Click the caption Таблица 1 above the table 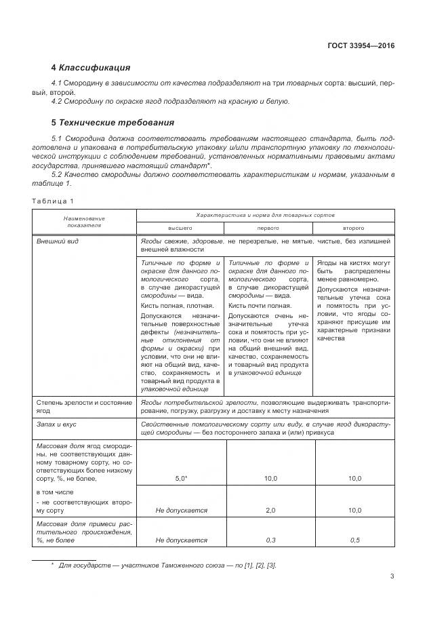click(x=52, y=201)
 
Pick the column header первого click(x=268, y=228)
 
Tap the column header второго click(x=353, y=228)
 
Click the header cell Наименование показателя click(x=85, y=222)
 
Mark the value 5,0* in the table click(x=181, y=479)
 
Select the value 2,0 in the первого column click(x=269, y=510)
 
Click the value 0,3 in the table click(x=269, y=540)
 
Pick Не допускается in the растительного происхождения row click(x=181, y=540)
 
